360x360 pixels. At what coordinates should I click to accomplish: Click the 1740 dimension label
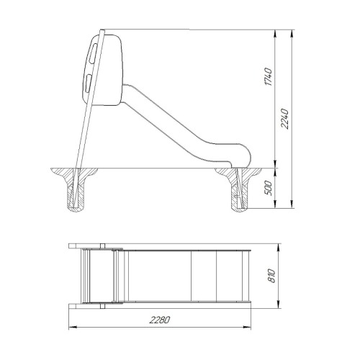point(269,77)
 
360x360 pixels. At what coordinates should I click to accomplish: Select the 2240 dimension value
point(285,119)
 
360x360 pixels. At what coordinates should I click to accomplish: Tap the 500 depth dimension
point(269,188)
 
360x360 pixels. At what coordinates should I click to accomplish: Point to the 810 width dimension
point(271,276)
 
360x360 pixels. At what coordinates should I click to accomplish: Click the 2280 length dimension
point(160,320)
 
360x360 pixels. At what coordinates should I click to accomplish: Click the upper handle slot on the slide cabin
point(92,53)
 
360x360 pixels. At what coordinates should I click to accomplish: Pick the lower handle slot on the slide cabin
point(88,82)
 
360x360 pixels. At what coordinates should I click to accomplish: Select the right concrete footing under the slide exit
point(240,189)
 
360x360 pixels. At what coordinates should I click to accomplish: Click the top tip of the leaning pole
point(102,30)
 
